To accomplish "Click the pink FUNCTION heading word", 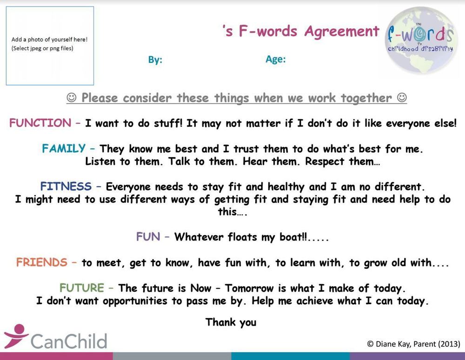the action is pyautogui.click(x=40, y=123).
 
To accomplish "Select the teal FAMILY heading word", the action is pyautogui.click(x=64, y=149).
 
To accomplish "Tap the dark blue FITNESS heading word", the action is pyautogui.click(x=66, y=186).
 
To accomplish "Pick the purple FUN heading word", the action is pyautogui.click(x=148, y=237).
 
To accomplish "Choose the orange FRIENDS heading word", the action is pyautogui.click(x=42, y=262).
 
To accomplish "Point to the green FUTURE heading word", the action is pyautogui.click(x=82, y=288).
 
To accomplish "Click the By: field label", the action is pyautogui.click(x=155, y=60).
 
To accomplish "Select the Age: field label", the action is pyautogui.click(x=275, y=59).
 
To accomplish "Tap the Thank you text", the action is pyautogui.click(x=231, y=322).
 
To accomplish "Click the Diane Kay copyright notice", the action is pyautogui.click(x=413, y=344).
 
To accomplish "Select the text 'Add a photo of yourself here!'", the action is pyautogui.click(x=50, y=39).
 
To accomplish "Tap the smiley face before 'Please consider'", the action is pyautogui.click(x=71, y=98).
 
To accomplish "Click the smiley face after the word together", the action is pyautogui.click(x=402, y=97).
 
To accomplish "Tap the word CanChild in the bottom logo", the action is pyautogui.click(x=69, y=341).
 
